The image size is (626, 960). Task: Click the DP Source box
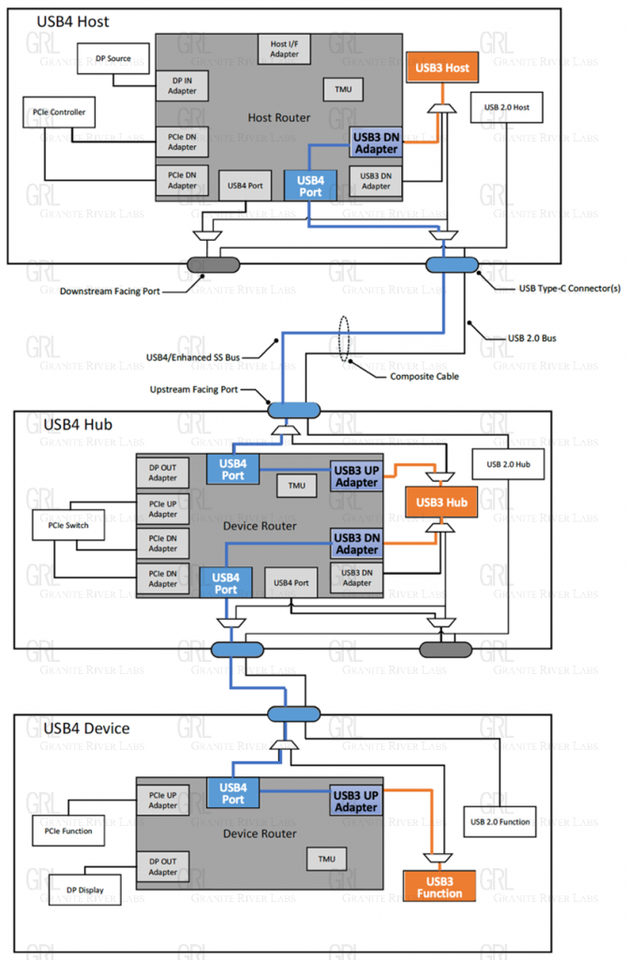[x=113, y=59]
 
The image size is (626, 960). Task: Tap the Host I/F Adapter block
[x=285, y=49]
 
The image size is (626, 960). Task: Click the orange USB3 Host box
[x=444, y=67]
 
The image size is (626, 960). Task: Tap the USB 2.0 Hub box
[x=508, y=464]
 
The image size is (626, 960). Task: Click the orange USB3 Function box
[x=440, y=887]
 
